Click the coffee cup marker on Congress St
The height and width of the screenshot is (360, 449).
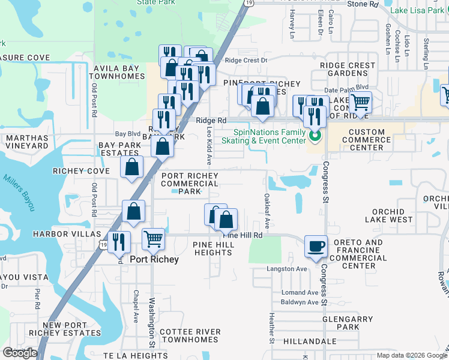pyautogui.click(x=316, y=246)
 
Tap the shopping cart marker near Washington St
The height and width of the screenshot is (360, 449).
pyautogui.click(x=153, y=239)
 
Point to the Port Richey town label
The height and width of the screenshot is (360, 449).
pyautogui.click(x=154, y=259)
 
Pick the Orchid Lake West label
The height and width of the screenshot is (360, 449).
pyautogui.click(x=393, y=215)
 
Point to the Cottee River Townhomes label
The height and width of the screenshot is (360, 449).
pyautogui.click(x=190, y=335)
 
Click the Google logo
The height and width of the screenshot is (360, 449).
pyautogui.click(x=20, y=353)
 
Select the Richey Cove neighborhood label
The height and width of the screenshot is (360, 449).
pyautogui.click(x=81, y=171)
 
